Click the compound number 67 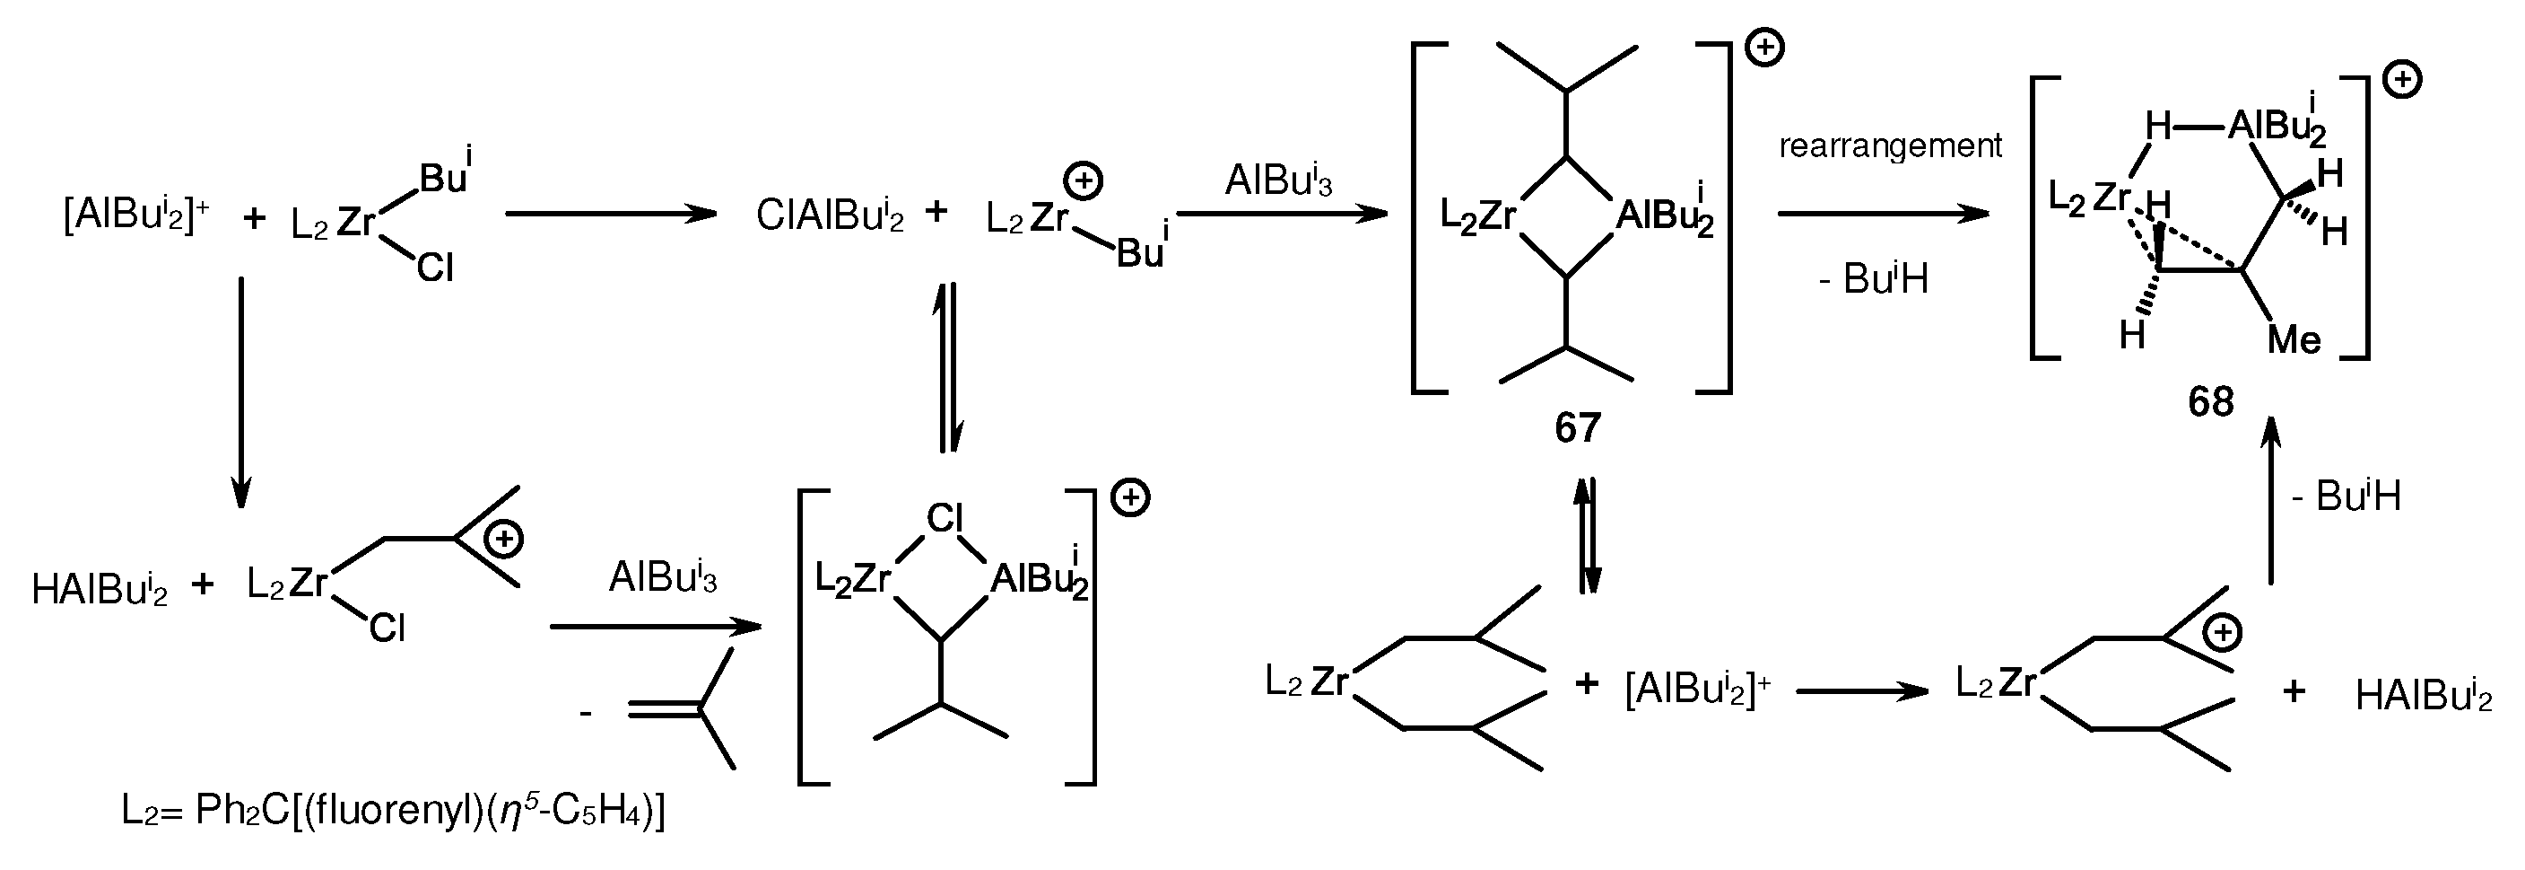click(x=1577, y=427)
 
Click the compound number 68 click(x=2210, y=402)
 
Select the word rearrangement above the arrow click(x=1890, y=146)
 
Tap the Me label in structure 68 click(x=2294, y=340)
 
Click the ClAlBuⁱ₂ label click(x=829, y=215)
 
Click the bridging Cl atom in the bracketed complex click(x=945, y=518)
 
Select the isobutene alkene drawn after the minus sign click(x=686, y=708)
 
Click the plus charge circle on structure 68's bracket click(x=2401, y=81)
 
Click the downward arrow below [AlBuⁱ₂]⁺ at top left click(x=241, y=392)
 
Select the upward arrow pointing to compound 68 click(x=2270, y=500)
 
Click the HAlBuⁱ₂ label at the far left click(x=100, y=590)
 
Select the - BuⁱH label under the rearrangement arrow click(x=1873, y=279)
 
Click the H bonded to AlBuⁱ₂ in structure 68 click(x=2158, y=127)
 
